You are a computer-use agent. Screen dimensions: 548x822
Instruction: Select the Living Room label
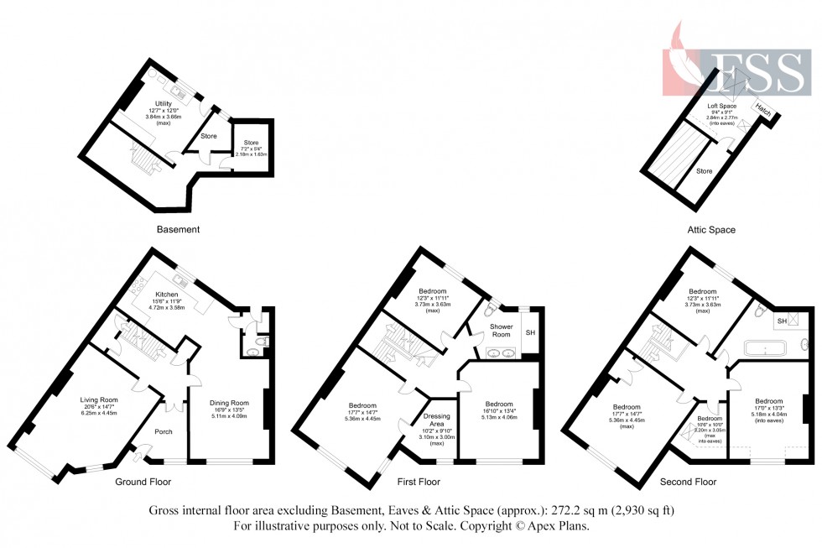click(99, 400)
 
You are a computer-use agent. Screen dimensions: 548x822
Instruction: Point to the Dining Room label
click(229, 403)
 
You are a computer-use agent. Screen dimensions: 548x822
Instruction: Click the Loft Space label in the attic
click(721, 107)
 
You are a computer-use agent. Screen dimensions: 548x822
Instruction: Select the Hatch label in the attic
click(762, 109)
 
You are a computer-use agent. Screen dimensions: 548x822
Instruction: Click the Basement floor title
click(178, 228)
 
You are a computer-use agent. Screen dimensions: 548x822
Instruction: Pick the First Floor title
click(419, 483)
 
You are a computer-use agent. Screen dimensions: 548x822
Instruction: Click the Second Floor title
click(688, 483)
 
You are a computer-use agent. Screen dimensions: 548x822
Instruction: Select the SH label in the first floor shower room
click(529, 334)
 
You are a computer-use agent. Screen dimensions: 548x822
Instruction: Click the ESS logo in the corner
click(738, 63)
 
